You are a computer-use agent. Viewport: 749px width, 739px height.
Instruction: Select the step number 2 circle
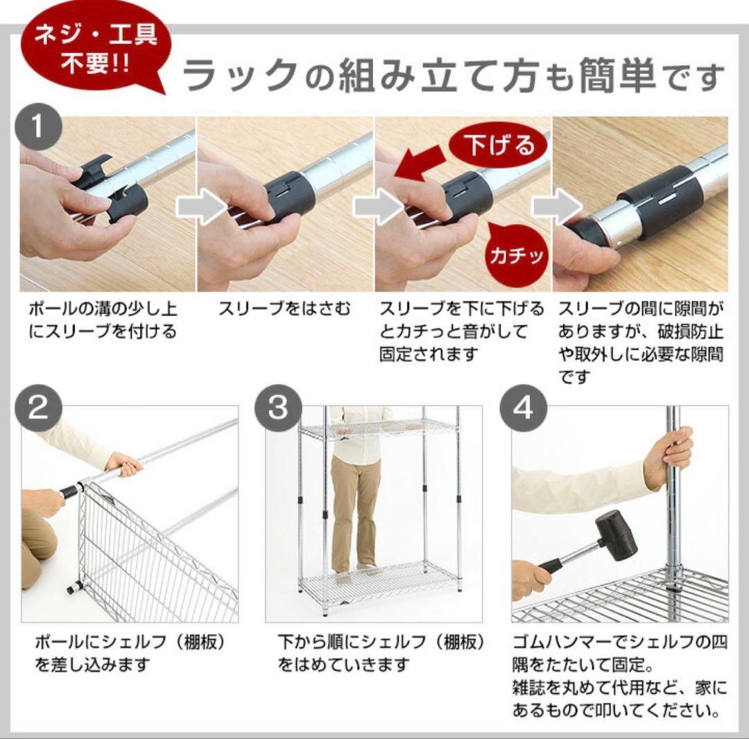click(x=40, y=409)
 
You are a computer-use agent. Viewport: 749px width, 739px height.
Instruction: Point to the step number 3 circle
click(x=278, y=409)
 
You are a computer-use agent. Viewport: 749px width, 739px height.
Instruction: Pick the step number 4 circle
click(x=523, y=409)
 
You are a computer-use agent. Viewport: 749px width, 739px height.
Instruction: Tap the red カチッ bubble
click(x=517, y=256)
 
